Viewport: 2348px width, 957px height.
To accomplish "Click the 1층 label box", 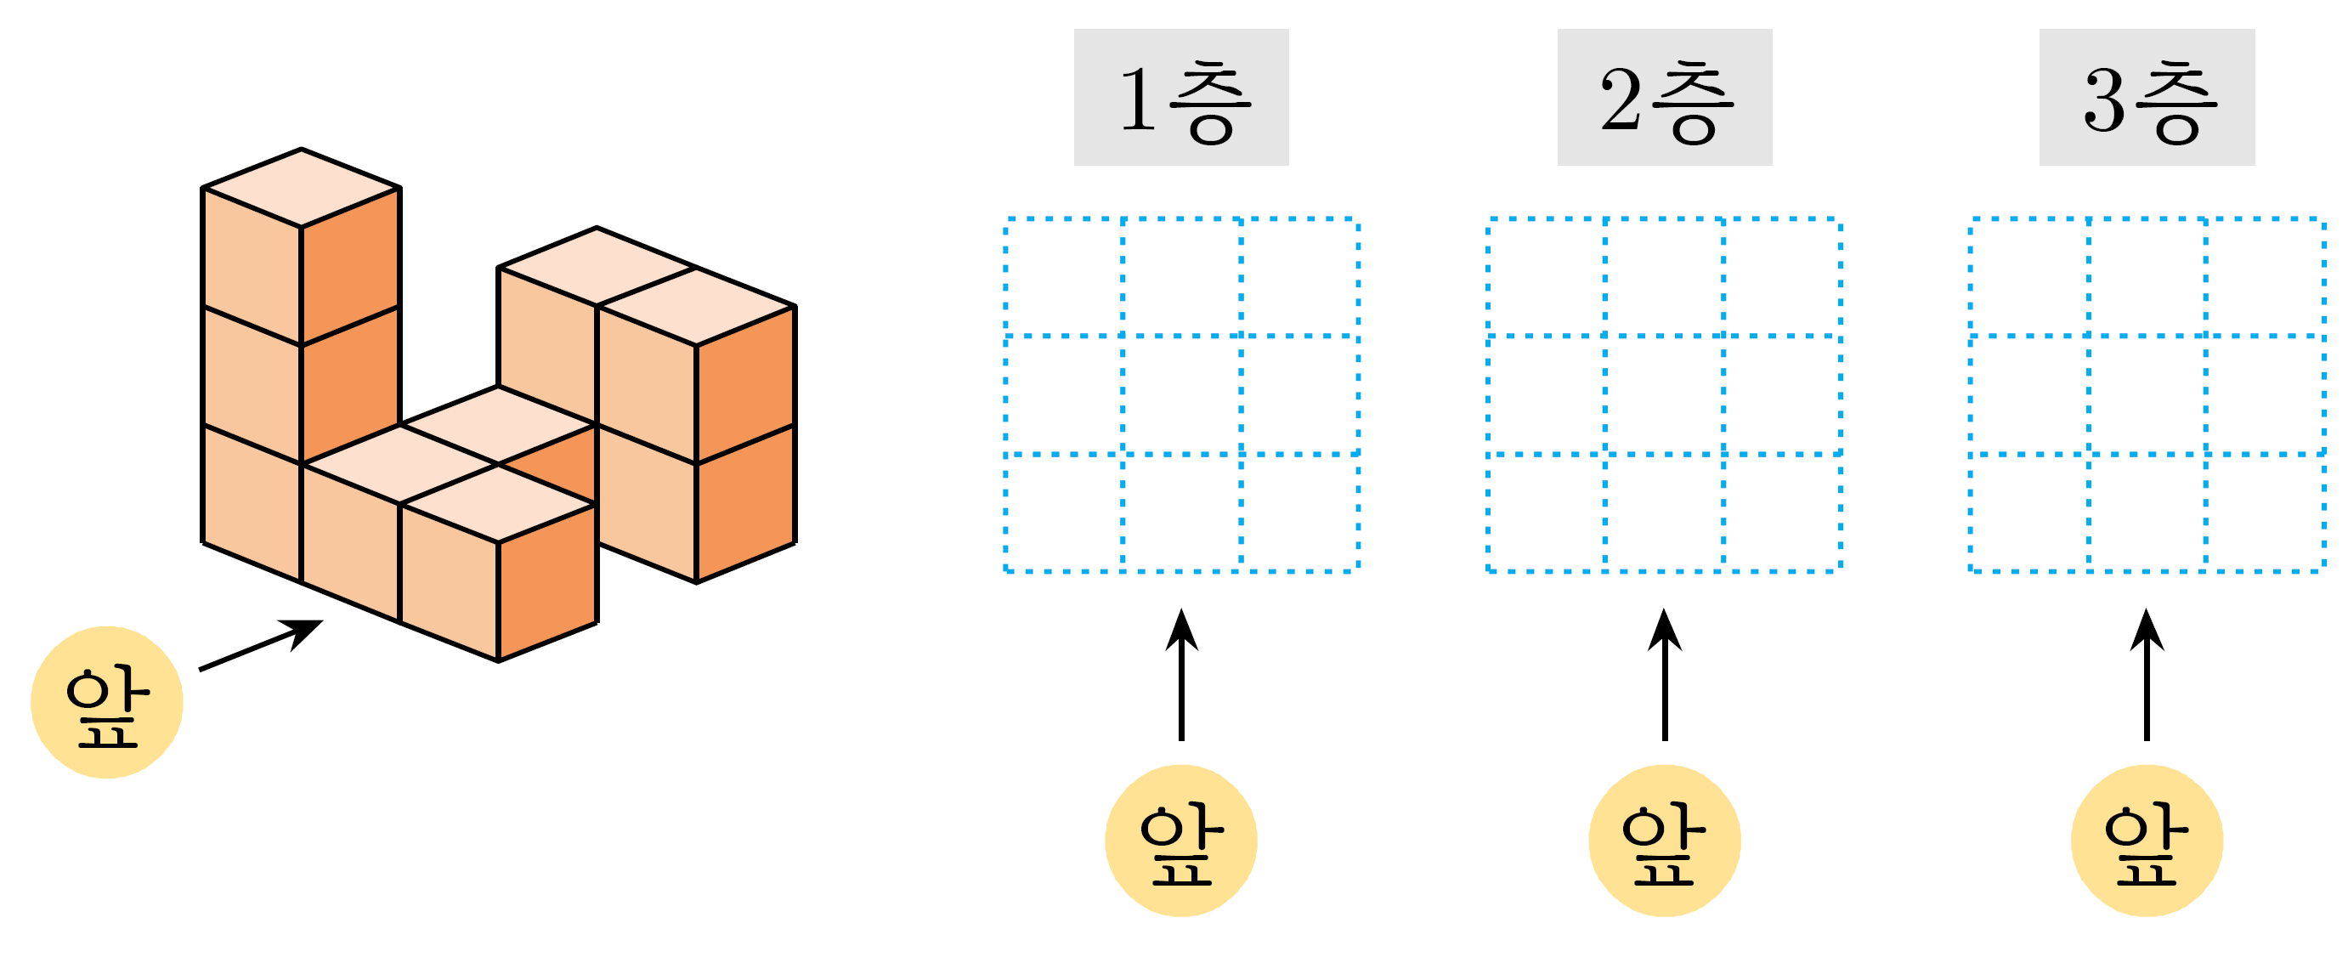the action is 1181,98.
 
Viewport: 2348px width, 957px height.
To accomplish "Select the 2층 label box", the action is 1665,98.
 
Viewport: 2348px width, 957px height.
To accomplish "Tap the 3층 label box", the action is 2147,98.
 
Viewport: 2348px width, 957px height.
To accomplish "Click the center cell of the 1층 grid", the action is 1181,394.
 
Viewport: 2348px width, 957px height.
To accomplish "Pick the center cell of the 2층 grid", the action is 1665,394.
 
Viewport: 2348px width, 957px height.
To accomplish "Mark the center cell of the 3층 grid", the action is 2147,394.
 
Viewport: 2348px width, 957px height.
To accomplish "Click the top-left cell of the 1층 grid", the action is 1064,277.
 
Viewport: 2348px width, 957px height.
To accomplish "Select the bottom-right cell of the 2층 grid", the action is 1782,512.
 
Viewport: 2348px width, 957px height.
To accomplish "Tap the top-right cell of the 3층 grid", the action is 2264,277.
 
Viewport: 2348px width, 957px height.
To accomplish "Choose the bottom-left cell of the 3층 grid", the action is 2029,512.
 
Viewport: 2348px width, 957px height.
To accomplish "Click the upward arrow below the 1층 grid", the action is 1181,675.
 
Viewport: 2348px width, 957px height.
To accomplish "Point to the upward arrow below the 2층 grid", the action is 1665,675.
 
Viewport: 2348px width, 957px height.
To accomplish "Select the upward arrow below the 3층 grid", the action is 2147,675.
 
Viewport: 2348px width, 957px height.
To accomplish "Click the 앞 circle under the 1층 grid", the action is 1181,841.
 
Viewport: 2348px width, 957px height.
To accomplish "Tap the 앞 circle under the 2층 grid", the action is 1665,841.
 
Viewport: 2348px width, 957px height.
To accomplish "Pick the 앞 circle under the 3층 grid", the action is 2147,841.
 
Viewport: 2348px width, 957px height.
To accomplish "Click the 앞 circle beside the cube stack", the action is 106,702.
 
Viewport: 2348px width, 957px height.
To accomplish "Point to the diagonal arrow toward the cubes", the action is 261,645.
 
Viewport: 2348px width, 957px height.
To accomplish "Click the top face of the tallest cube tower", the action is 301,188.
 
